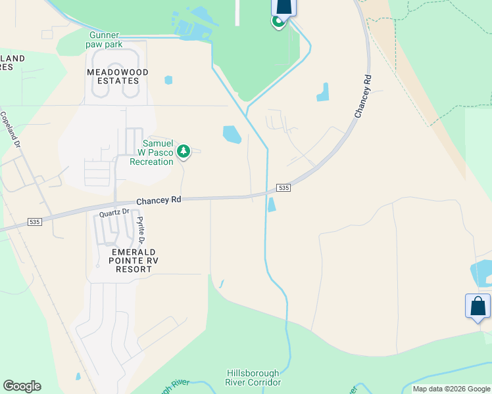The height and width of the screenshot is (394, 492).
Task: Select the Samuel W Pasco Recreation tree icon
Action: (x=184, y=152)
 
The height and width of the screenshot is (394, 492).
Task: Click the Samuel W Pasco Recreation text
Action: (x=151, y=152)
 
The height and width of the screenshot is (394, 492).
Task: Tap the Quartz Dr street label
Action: (x=112, y=213)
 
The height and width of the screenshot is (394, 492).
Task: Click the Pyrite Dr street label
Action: (x=140, y=230)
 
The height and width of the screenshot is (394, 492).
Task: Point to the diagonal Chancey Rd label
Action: (x=362, y=97)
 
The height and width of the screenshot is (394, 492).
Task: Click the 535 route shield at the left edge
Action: (x=35, y=222)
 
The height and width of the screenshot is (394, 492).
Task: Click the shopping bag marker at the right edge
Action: (x=478, y=307)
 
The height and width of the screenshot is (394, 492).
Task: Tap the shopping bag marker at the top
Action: (x=283, y=7)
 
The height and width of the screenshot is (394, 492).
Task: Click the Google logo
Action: (x=22, y=386)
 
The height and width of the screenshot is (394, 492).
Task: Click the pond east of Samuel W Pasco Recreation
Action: (x=232, y=135)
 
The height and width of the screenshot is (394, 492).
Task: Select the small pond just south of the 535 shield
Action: (x=272, y=205)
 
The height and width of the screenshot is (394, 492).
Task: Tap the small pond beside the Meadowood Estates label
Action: (x=168, y=80)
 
